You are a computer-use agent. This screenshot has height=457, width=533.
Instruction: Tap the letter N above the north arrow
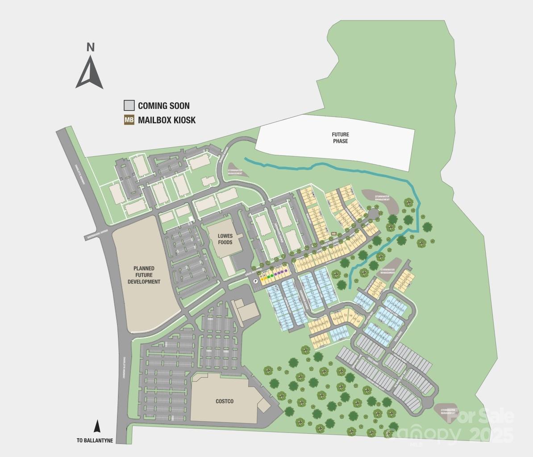tap(90, 47)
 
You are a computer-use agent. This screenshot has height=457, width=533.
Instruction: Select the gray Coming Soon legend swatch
tap(129, 105)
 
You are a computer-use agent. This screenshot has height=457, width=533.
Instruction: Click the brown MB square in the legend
tap(129, 120)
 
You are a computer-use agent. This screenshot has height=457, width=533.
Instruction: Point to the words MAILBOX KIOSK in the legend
tap(167, 120)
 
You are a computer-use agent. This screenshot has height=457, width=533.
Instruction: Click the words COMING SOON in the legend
tap(163, 106)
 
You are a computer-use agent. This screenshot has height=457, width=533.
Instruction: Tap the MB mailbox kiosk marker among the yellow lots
tap(333, 233)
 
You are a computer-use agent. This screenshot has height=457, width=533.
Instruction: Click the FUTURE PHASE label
tap(340, 137)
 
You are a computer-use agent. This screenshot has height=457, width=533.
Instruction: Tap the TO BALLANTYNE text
tap(95, 440)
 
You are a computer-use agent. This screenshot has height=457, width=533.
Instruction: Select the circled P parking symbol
tap(255, 281)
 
